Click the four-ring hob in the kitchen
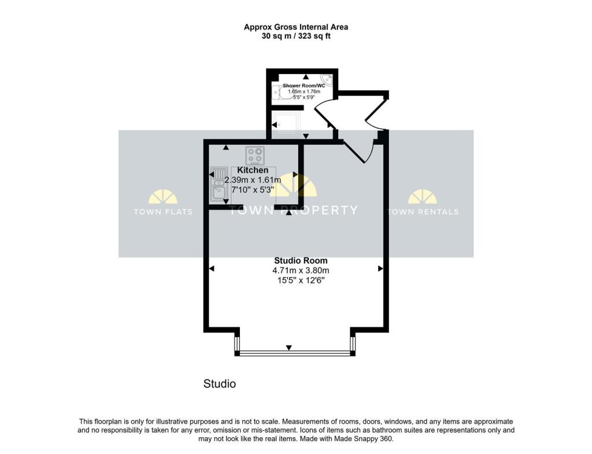click(255, 155)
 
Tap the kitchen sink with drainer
click(219, 183)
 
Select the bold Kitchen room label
click(253, 171)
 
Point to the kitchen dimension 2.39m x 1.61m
click(253, 180)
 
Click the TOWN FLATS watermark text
click(155, 212)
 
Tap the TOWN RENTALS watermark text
click(423, 212)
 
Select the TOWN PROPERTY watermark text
click(293, 210)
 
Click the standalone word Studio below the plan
click(220, 383)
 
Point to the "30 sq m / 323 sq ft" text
click(296, 36)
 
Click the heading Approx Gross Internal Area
click(296, 27)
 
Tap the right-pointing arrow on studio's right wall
click(380, 268)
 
